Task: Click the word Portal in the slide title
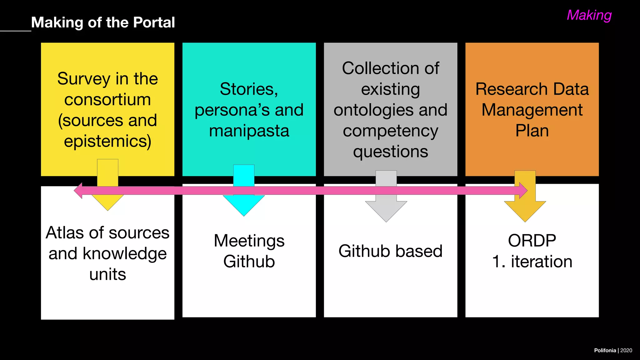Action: pos(154,22)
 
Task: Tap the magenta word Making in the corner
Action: pos(589,15)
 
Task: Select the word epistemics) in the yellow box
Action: pos(107,141)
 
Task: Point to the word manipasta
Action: pos(249,131)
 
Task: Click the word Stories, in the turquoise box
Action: pos(249,89)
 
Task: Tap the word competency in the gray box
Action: pos(390,131)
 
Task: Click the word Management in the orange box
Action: pos(532,110)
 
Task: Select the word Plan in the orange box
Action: pos(532,131)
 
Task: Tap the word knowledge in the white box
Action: pos(124,253)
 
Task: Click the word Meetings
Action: pos(249,241)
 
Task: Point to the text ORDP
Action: pos(532,241)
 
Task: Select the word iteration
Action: pos(541,262)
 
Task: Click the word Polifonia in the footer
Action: pos(605,350)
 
